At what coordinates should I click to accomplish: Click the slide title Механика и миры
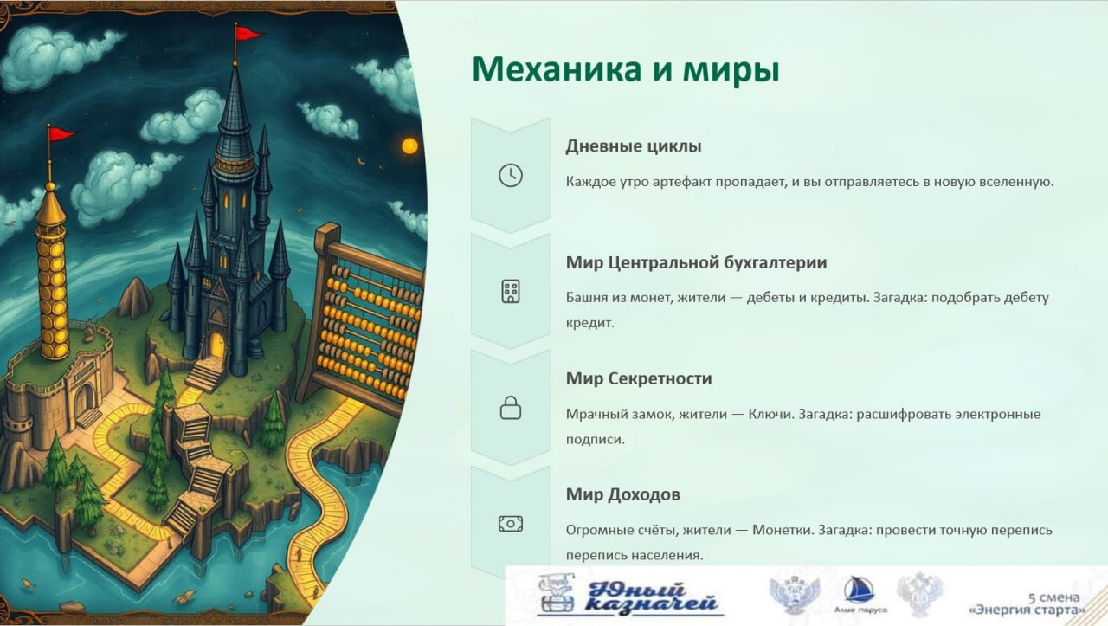(x=626, y=70)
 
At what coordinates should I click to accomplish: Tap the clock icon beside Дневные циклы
(x=511, y=175)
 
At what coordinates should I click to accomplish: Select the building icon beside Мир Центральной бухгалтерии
(x=511, y=291)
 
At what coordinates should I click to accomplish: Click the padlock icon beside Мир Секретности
(x=511, y=408)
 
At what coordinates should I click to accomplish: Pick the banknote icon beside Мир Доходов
(x=511, y=524)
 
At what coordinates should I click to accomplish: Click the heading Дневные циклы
(x=634, y=146)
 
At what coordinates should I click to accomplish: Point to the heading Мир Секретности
(x=639, y=378)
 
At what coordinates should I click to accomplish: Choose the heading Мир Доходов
(x=623, y=494)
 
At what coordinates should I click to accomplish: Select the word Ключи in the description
(x=770, y=414)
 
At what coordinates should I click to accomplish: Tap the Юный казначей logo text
(x=651, y=597)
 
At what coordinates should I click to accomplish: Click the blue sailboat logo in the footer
(x=860, y=590)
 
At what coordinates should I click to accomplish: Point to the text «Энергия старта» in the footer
(x=1027, y=610)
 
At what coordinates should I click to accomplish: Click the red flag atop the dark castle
(x=248, y=34)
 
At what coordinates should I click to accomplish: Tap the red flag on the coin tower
(x=61, y=133)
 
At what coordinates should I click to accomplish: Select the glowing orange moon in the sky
(x=409, y=146)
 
